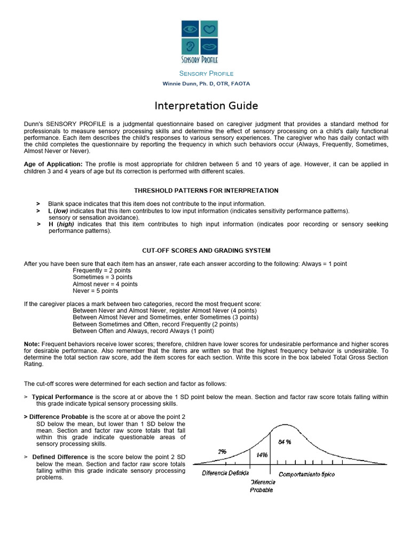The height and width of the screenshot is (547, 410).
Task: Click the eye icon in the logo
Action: pyautogui.click(x=190, y=28)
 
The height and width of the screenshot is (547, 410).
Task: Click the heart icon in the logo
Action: pyautogui.click(x=209, y=28)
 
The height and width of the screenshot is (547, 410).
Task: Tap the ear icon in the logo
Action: pyautogui.click(x=190, y=46)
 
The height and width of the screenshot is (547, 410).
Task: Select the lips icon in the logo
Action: pyautogui.click(x=209, y=46)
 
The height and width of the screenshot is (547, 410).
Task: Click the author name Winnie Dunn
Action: pyautogui.click(x=206, y=84)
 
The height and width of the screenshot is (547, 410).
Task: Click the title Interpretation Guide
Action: pyautogui.click(x=206, y=106)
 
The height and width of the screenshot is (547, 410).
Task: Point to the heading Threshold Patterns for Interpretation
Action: pyautogui.click(x=206, y=191)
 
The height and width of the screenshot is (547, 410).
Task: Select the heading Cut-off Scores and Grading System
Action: pyautogui.click(x=206, y=251)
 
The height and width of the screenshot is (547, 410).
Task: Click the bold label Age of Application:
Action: pyautogui.click(x=53, y=164)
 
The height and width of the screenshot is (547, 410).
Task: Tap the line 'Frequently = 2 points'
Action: pyautogui.click(x=101, y=271)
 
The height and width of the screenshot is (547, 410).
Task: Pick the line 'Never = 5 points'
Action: pyautogui.click(x=96, y=291)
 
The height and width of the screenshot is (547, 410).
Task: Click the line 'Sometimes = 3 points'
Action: pyautogui.click(x=102, y=278)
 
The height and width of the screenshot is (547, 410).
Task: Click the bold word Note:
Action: pyautogui.click(x=31, y=343)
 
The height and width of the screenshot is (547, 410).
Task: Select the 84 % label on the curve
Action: pyautogui.click(x=285, y=442)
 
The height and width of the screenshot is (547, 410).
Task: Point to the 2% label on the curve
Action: pyautogui.click(x=222, y=451)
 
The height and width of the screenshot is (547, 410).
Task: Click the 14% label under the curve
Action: pyautogui.click(x=262, y=455)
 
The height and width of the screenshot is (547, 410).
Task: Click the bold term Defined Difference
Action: pyautogui.click(x=60, y=457)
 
